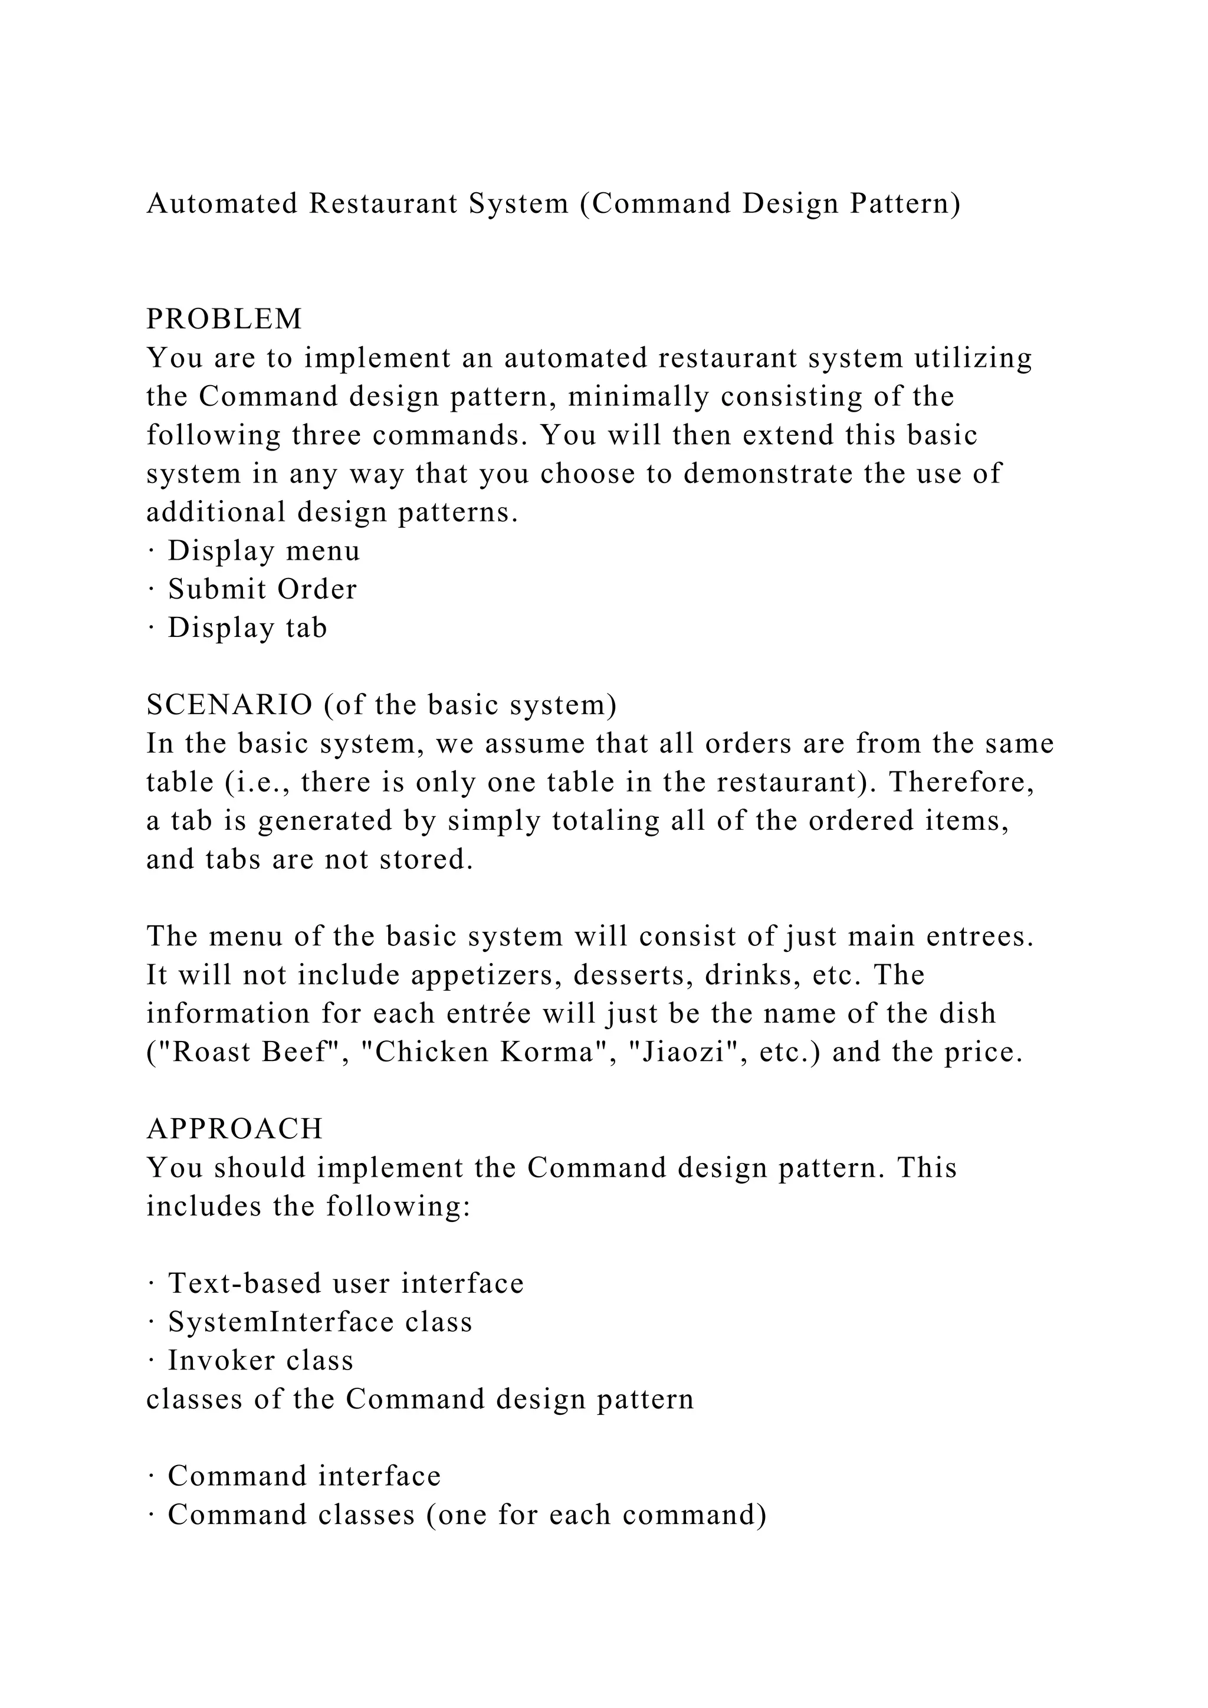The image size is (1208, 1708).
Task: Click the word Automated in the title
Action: [222, 203]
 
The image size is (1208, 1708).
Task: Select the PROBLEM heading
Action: [225, 319]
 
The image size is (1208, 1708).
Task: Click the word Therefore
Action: [961, 782]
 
